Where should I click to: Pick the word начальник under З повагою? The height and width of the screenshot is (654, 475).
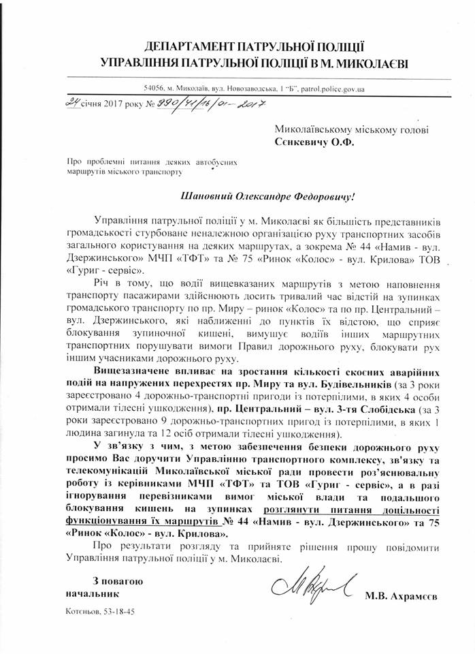coord(88,594)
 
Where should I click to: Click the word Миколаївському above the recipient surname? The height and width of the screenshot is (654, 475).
coord(311,130)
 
